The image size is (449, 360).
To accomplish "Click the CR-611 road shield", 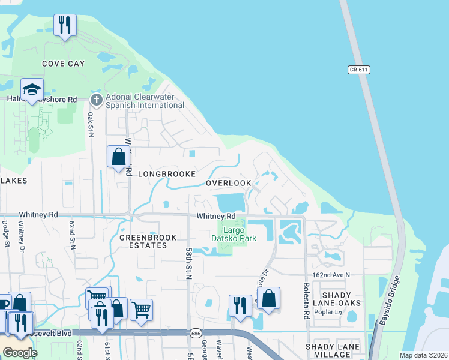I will pyautogui.click(x=358, y=70).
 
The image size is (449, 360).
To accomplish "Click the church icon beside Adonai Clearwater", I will pyautogui.click(x=96, y=99).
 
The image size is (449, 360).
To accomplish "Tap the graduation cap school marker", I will pyautogui.click(x=32, y=90).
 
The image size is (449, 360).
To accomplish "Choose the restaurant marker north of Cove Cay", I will pyautogui.click(x=65, y=25).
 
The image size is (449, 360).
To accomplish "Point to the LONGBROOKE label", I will pyautogui.click(x=167, y=174).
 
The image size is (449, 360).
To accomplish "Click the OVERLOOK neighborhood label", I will pyautogui.click(x=229, y=183).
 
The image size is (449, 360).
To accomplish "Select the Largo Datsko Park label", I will pyautogui.click(x=234, y=234).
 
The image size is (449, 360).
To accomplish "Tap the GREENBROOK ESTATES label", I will pyautogui.click(x=148, y=242).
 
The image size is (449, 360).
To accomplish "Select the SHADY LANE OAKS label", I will pyautogui.click(x=342, y=299).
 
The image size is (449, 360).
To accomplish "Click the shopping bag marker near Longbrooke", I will pyautogui.click(x=119, y=157).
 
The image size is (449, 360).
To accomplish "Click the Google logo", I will pyautogui.click(x=19, y=353).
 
